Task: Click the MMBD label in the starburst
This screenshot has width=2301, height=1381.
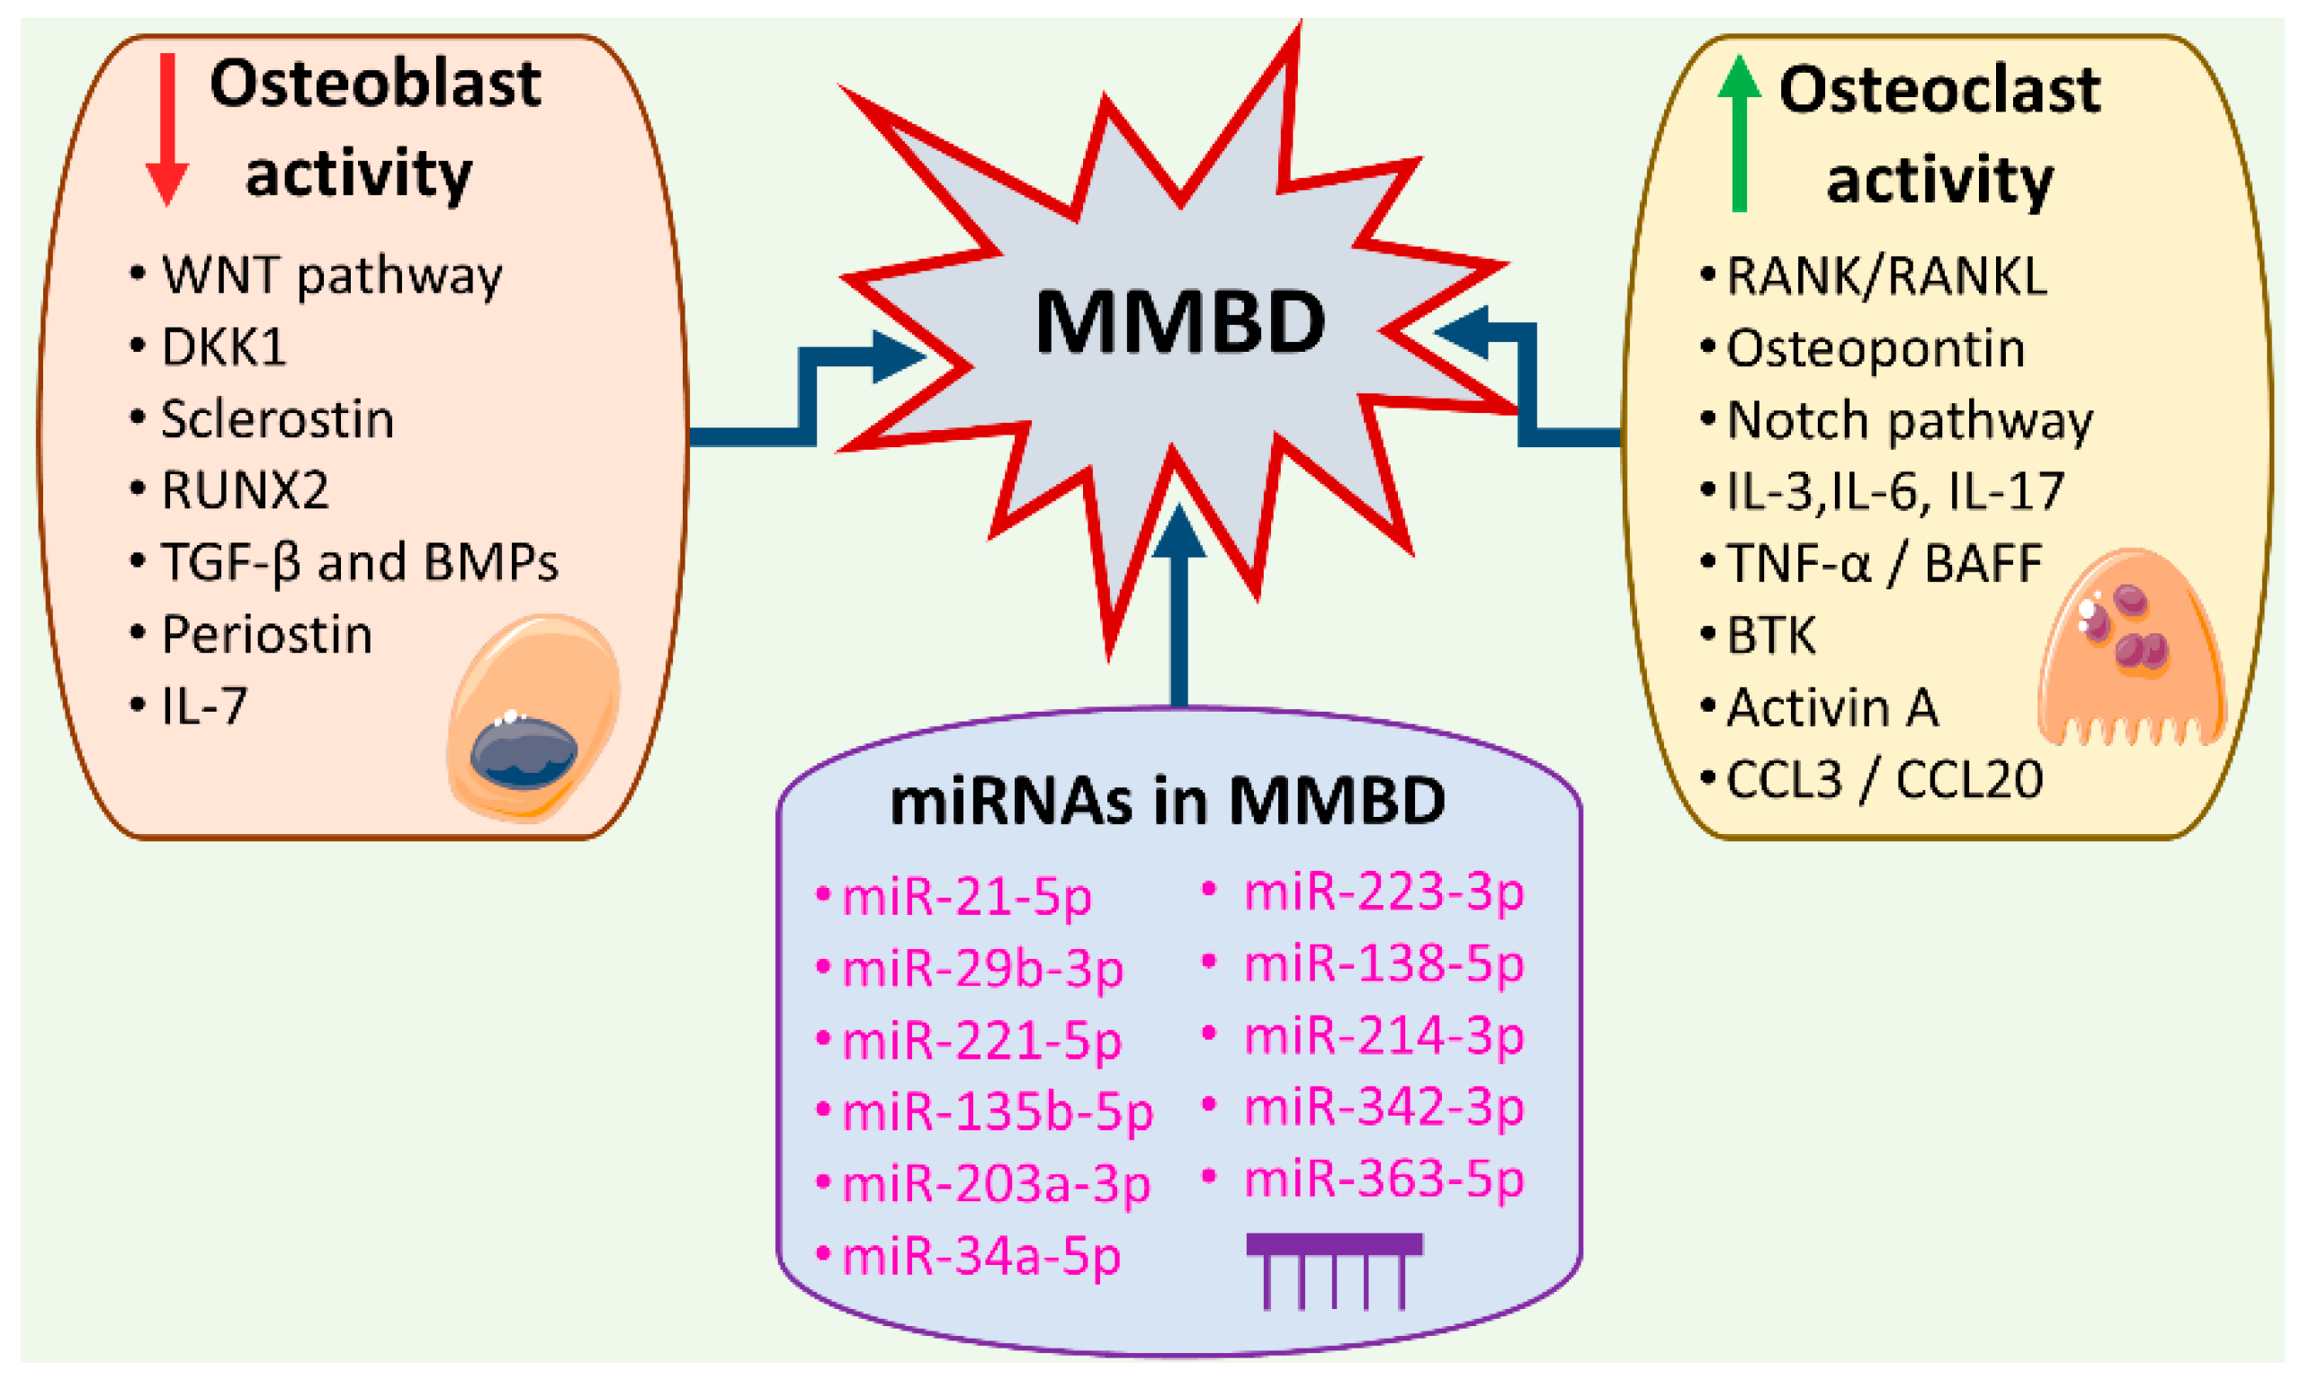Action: pyautogui.click(x=1179, y=322)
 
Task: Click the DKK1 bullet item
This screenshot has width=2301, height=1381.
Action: pyautogui.click(x=223, y=347)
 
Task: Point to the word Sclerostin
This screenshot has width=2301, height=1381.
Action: pyautogui.click(x=277, y=418)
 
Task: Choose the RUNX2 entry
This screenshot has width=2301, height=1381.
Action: pyautogui.click(x=245, y=490)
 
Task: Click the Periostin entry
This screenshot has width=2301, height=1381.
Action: pyautogui.click(x=266, y=634)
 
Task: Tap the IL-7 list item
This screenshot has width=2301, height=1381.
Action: pyautogui.click(x=204, y=706)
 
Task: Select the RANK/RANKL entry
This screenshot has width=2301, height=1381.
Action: pyautogui.click(x=1886, y=276)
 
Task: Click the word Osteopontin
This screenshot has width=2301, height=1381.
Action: pyautogui.click(x=1875, y=348)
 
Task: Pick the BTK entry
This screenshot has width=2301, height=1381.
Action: pyautogui.click(x=1769, y=635)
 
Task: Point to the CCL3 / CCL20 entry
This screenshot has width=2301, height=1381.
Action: pyautogui.click(x=1884, y=779)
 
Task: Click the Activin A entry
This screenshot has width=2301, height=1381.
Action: pyautogui.click(x=1831, y=707)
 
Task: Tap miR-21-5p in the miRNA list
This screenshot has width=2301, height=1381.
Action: pyautogui.click(x=966, y=897)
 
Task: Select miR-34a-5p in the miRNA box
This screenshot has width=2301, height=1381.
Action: pyautogui.click(x=980, y=1256)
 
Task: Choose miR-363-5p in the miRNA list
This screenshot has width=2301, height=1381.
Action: pyautogui.click(x=1383, y=1179)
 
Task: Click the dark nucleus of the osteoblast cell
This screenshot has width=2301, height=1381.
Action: pyautogui.click(x=523, y=753)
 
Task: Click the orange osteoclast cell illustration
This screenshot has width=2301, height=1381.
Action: pyautogui.click(x=2130, y=651)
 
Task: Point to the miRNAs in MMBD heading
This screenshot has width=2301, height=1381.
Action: pyautogui.click(x=1168, y=802)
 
